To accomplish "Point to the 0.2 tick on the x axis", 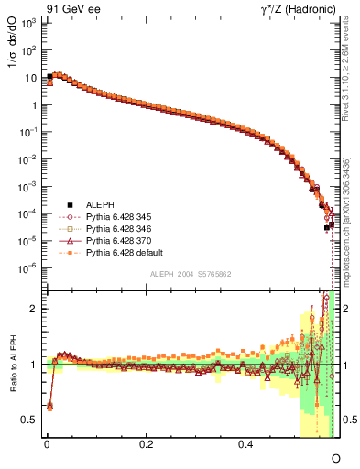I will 146,443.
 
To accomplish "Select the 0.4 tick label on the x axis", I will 245,443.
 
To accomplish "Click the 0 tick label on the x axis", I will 46,443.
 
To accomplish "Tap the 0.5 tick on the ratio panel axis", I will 30,420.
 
